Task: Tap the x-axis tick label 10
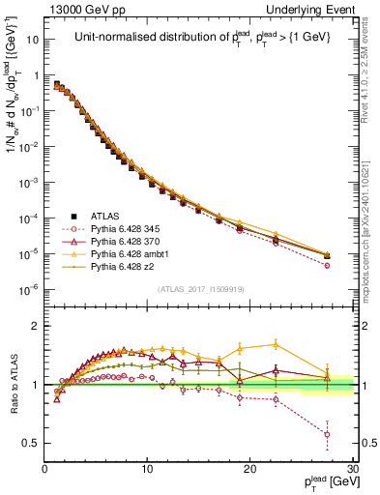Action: pos(147,469)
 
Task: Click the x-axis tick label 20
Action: pos(249,469)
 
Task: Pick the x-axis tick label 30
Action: pos(351,469)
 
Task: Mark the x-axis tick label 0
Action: pos(45,469)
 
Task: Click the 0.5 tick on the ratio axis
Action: pos(32,443)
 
